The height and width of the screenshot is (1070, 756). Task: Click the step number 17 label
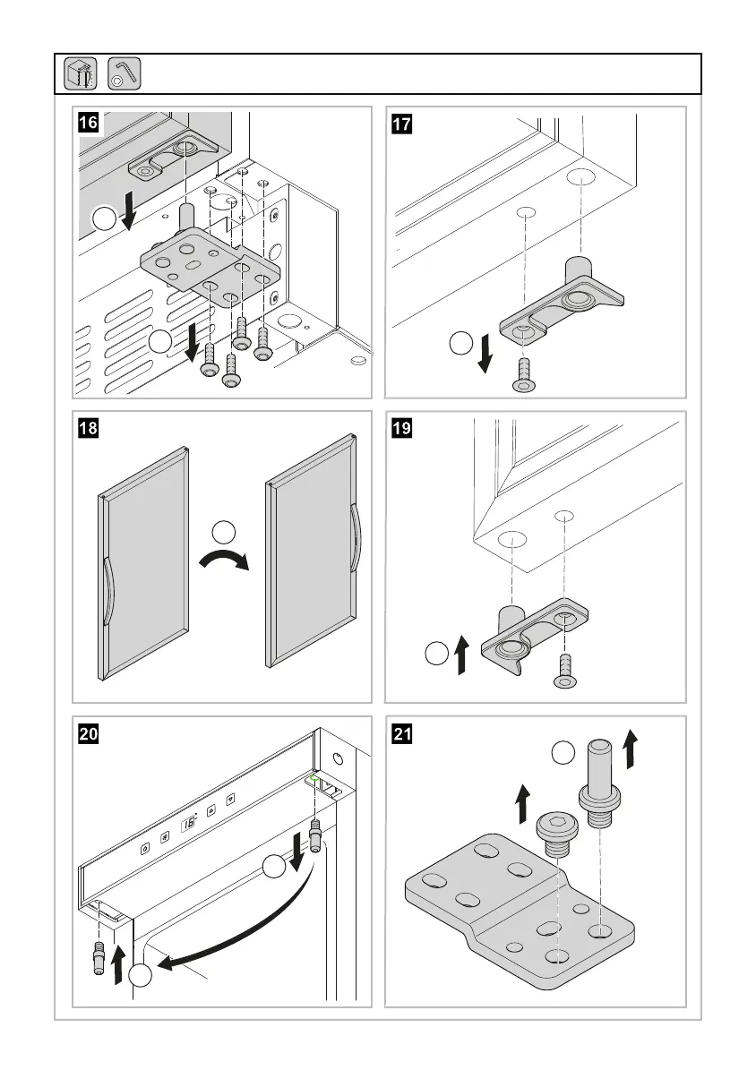[x=401, y=123]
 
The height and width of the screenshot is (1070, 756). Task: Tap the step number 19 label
[x=401, y=427]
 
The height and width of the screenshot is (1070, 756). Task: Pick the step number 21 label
[x=401, y=732]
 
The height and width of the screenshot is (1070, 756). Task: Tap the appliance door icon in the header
[x=80, y=73]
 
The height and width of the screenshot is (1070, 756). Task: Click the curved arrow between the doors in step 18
[x=224, y=562]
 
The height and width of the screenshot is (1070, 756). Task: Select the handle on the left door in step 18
[x=107, y=589]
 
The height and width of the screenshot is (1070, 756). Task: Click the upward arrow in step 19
[x=461, y=654]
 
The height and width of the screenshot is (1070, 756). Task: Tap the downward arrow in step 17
[x=485, y=353]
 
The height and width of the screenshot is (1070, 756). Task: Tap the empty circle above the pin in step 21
[x=562, y=753]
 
